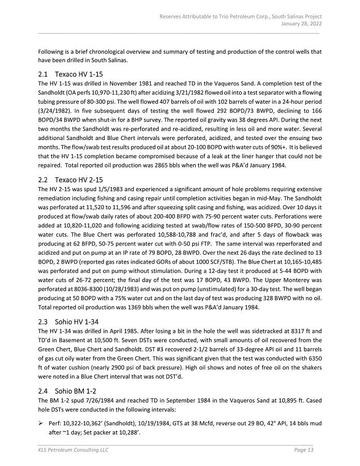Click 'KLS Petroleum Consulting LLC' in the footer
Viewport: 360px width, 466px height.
point(73,450)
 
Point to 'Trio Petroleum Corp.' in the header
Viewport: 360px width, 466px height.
point(242,16)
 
